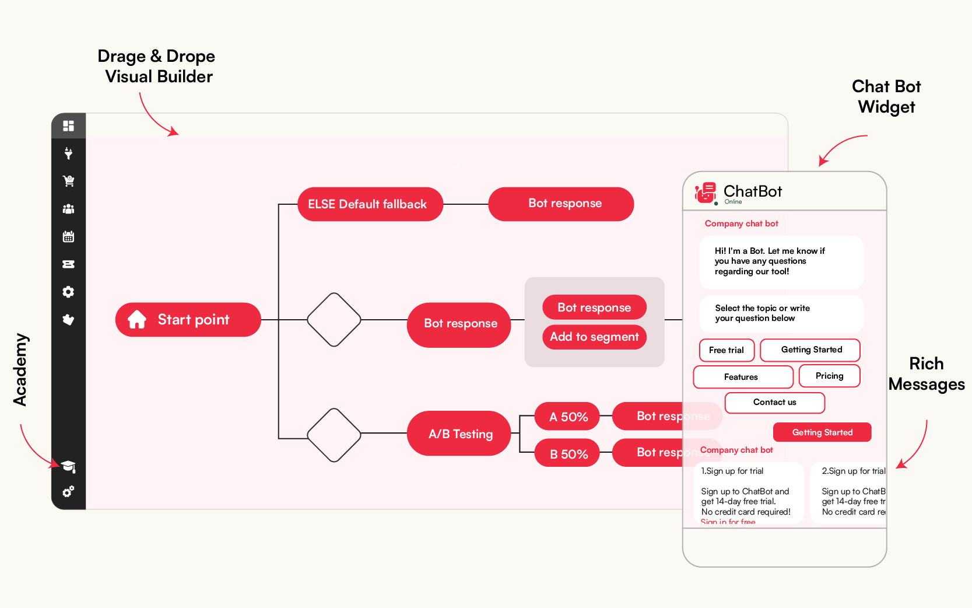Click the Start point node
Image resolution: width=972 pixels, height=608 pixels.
(x=188, y=320)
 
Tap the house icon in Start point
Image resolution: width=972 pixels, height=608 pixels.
(x=137, y=320)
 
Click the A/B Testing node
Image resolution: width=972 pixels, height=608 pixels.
(x=459, y=434)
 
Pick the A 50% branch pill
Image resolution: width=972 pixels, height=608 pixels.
(x=567, y=417)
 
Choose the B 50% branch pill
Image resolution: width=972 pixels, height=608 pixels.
(x=567, y=453)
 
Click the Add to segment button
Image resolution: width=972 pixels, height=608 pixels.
(x=594, y=337)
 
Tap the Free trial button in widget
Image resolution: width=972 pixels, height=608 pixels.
(x=726, y=350)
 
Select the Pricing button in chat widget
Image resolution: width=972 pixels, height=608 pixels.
(x=829, y=376)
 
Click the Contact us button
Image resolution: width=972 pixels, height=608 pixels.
(x=774, y=402)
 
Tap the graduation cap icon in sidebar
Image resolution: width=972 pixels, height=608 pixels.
(x=68, y=466)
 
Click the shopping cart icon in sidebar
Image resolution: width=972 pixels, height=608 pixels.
(x=68, y=181)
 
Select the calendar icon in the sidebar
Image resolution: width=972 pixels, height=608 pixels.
(x=68, y=236)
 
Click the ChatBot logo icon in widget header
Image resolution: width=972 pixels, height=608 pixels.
(x=706, y=193)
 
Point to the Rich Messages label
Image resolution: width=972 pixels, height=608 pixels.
(x=926, y=374)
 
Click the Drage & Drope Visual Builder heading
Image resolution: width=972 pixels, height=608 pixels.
(x=157, y=66)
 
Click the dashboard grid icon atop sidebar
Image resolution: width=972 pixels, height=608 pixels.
(x=68, y=126)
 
